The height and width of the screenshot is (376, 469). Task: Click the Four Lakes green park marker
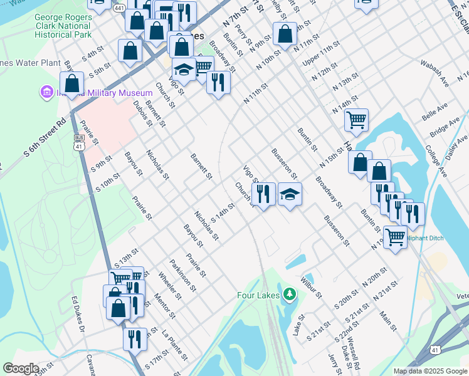tap(288, 293)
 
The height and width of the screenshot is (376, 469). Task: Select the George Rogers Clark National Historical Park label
tap(63, 26)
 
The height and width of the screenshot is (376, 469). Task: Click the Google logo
tap(21, 368)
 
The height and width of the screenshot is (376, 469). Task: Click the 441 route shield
tap(119, 9)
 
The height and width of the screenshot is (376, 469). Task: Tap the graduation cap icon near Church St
tap(290, 196)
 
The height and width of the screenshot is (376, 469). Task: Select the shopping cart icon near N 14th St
tap(356, 119)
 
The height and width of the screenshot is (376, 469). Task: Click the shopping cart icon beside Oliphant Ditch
tap(394, 237)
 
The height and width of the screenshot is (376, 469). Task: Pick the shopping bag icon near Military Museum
tap(72, 83)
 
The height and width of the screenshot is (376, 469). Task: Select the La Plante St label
tap(174, 345)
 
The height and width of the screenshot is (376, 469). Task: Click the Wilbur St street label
tap(311, 286)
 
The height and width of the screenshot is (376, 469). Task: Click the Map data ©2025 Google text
tap(430, 371)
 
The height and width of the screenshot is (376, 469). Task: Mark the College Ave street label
tap(434, 160)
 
